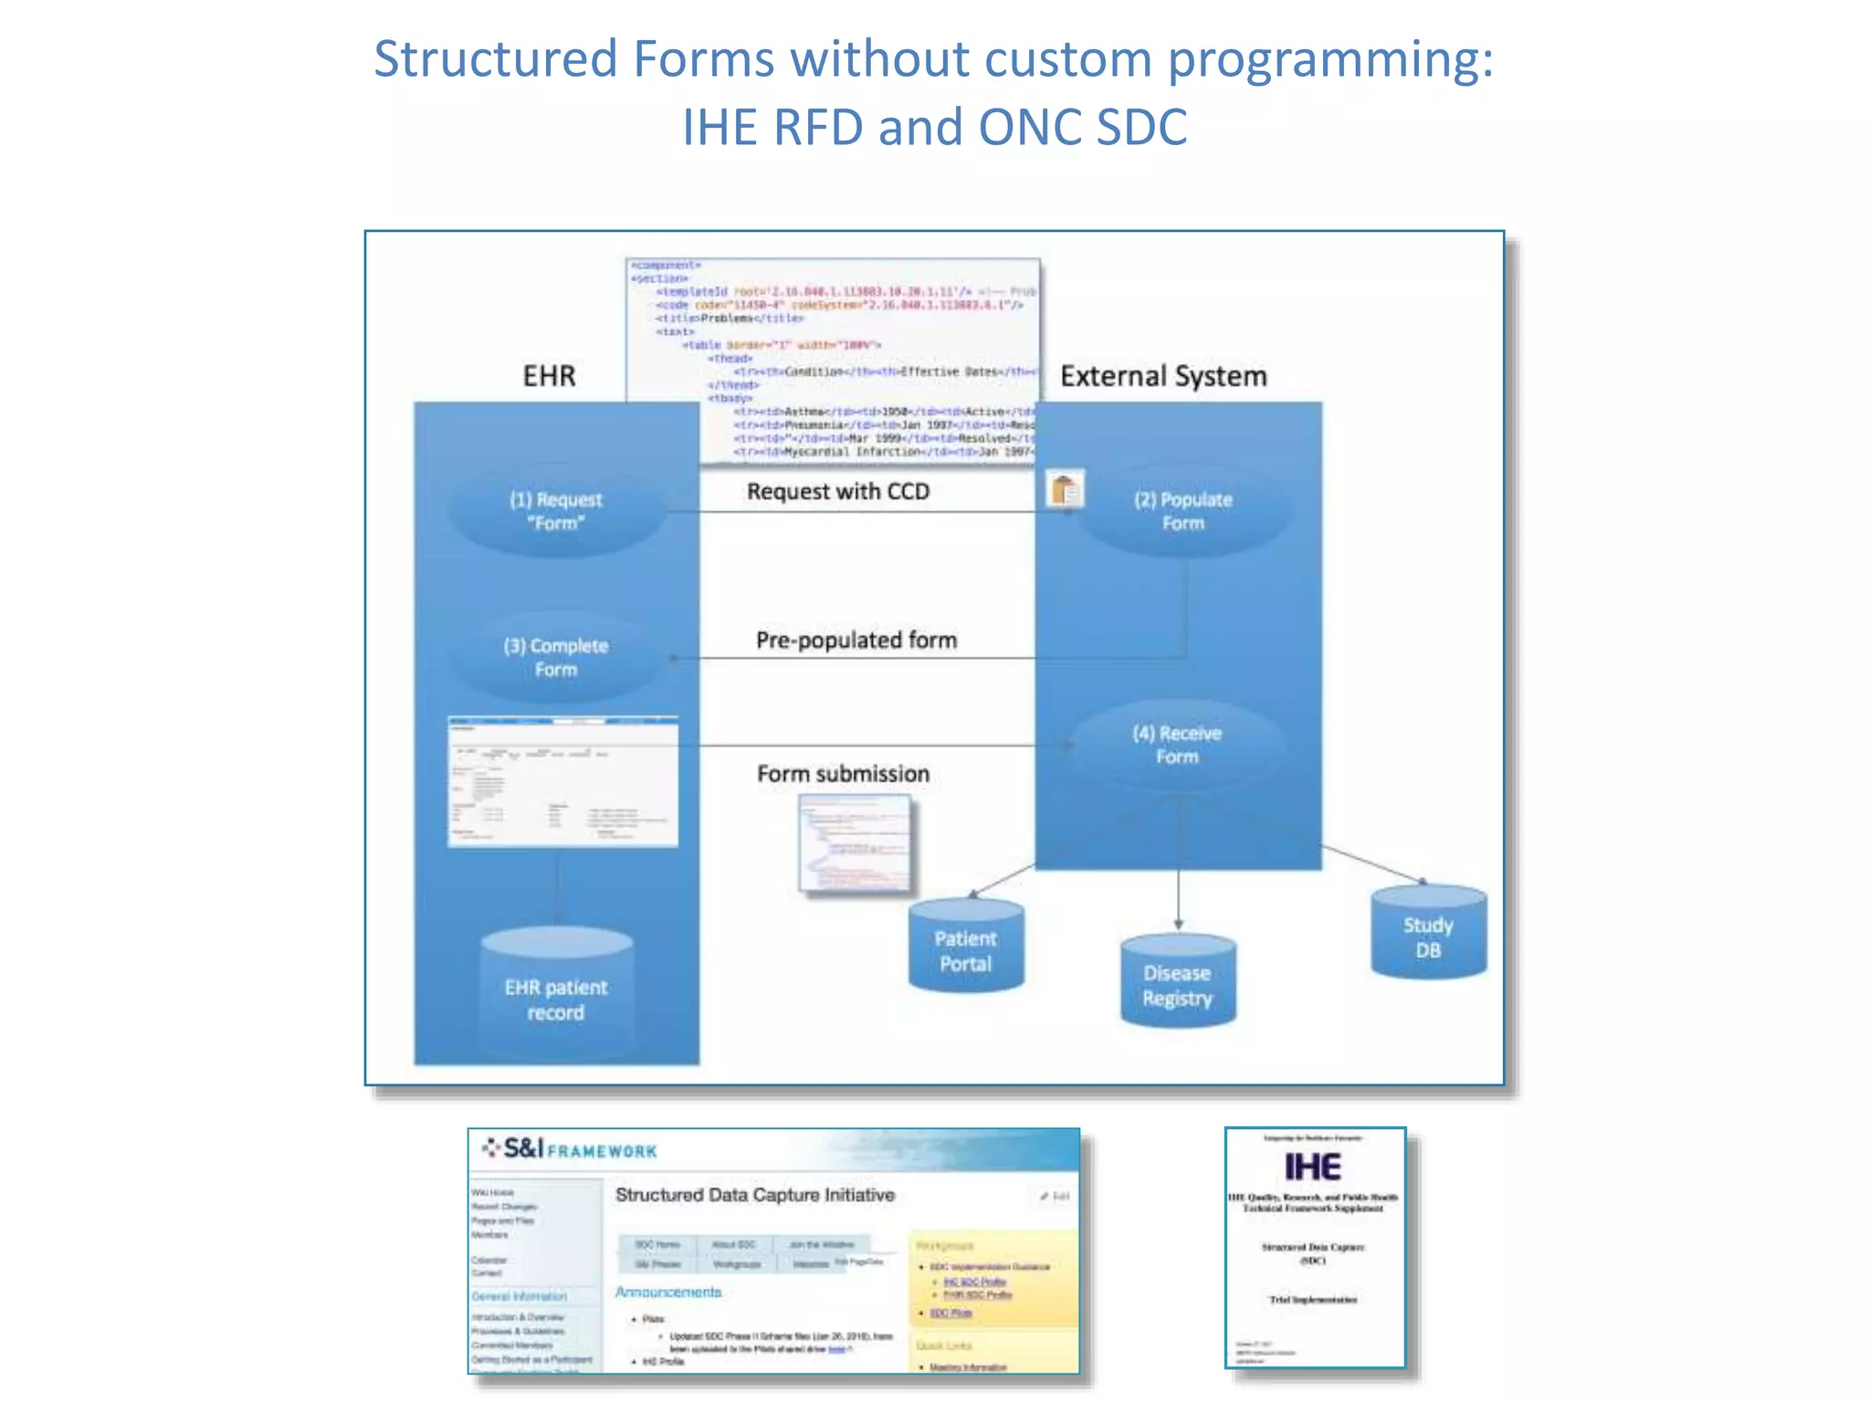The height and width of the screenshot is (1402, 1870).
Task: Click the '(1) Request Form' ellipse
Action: [x=555, y=511]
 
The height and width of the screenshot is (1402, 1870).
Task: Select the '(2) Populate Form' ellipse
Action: [x=1183, y=511]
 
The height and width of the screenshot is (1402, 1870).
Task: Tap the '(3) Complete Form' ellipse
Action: [x=555, y=657]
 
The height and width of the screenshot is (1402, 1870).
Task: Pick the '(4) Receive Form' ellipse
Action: [x=1176, y=745]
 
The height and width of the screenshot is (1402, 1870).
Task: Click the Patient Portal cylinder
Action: [x=966, y=949]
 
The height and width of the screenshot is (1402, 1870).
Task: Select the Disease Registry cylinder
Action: [x=1178, y=984]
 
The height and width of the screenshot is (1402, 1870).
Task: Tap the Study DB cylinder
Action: [x=1428, y=936]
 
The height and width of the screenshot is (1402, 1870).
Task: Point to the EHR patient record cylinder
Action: [x=555, y=999]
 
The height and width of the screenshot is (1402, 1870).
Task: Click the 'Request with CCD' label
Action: [x=837, y=492]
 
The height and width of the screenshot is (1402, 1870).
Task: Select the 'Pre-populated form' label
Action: [x=856, y=640]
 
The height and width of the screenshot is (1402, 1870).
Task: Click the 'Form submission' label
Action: [x=842, y=774]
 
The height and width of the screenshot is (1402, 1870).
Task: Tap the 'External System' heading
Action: [x=1162, y=376]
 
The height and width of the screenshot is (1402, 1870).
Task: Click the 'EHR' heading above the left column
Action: [x=549, y=376]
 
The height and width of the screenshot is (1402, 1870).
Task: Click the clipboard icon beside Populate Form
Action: [x=1064, y=490]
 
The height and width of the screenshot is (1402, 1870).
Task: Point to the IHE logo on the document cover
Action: [x=1312, y=1167]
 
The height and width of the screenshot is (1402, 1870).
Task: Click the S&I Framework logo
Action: [x=570, y=1149]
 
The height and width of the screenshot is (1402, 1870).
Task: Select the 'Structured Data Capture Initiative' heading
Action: [x=754, y=1195]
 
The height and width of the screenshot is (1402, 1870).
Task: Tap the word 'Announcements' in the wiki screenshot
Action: [x=667, y=1292]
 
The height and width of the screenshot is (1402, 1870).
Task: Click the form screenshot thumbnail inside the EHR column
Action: [x=562, y=782]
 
